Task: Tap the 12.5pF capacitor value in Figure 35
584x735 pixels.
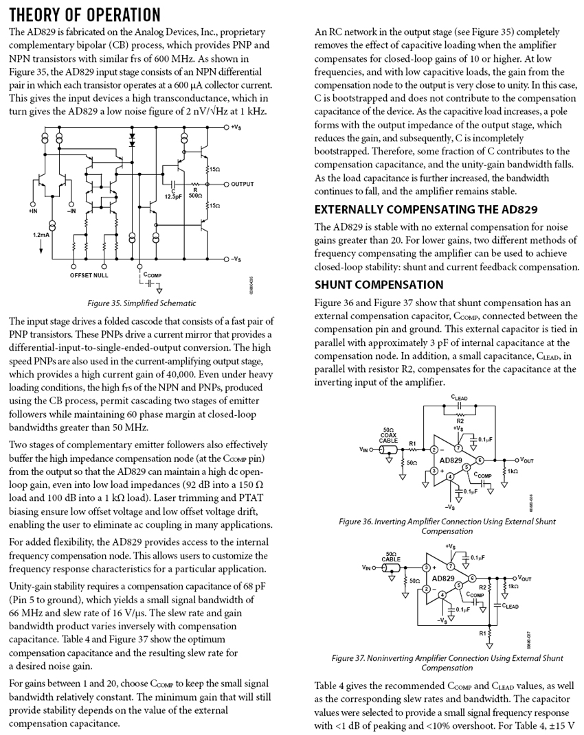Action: click(172, 196)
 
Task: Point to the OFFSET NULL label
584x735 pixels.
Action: click(89, 275)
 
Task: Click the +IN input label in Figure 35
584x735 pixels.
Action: click(33, 211)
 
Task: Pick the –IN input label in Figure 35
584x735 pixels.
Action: click(71, 211)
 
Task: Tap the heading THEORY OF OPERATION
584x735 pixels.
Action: click(85, 14)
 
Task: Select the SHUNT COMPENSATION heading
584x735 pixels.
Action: click(380, 284)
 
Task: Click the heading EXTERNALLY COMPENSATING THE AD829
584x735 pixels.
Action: click(425, 209)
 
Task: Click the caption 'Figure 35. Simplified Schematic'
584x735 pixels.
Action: click(142, 303)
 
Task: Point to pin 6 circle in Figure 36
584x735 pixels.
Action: click(480, 459)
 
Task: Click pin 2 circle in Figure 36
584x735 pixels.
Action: click(434, 450)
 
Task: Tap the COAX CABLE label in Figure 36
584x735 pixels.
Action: click(392, 436)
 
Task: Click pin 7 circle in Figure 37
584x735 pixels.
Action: click(451, 567)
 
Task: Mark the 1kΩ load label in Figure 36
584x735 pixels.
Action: click(513, 471)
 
